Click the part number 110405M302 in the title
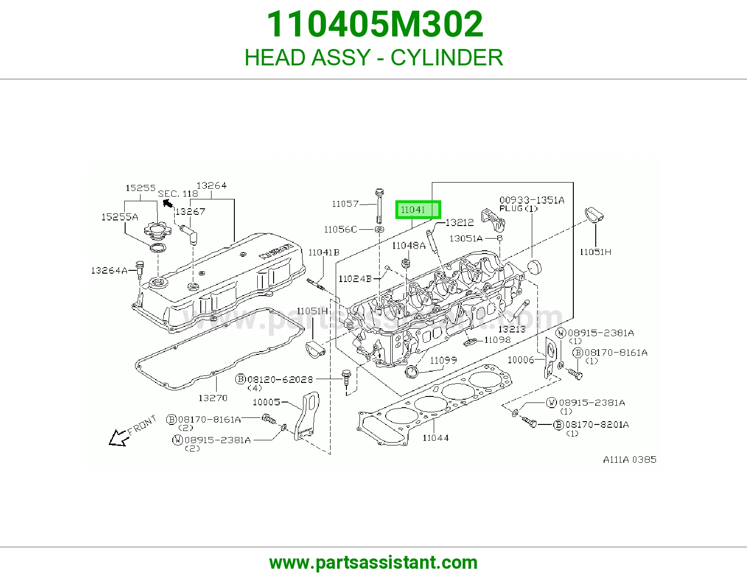[375, 24]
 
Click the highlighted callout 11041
[418, 210]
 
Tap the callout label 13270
[213, 398]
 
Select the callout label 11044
[436, 438]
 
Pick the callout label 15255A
[120, 217]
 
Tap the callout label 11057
[345, 204]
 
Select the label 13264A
[109, 270]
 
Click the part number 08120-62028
[280, 379]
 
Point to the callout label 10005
[267, 402]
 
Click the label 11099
[444, 360]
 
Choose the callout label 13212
[459, 223]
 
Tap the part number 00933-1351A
[532, 200]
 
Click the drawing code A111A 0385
[630, 459]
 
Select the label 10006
[521, 360]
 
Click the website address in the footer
[373, 563]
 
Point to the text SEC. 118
[178, 194]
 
